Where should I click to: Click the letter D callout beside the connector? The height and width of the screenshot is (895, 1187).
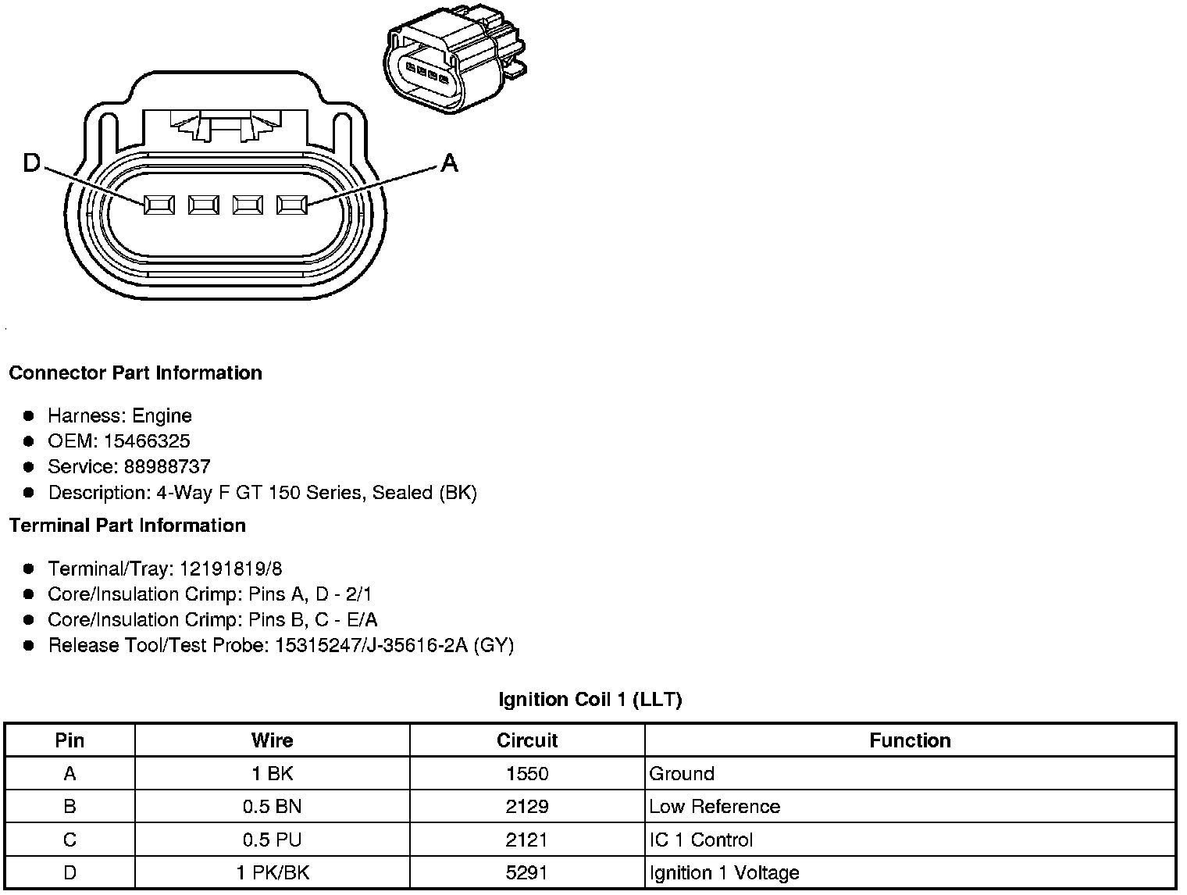(x=31, y=163)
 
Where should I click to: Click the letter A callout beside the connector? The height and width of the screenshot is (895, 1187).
(x=449, y=163)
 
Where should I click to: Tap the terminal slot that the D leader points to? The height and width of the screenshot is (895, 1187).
(x=159, y=205)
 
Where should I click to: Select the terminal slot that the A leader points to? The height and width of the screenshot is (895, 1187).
(x=292, y=205)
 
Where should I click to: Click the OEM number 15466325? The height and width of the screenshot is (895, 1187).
(x=147, y=441)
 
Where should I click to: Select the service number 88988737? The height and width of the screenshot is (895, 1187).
(x=167, y=467)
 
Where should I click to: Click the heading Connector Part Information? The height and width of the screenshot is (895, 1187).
(x=135, y=373)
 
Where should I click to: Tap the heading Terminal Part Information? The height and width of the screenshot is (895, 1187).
(x=127, y=526)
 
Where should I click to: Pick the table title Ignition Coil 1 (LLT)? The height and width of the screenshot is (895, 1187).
(x=590, y=700)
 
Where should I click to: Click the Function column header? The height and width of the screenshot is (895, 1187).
(x=910, y=740)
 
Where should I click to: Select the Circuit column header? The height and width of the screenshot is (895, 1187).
(x=527, y=740)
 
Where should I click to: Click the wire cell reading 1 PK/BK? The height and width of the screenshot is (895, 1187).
(x=272, y=872)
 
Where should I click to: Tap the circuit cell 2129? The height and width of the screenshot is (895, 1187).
(x=527, y=807)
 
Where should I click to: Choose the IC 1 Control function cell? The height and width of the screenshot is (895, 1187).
(x=700, y=840)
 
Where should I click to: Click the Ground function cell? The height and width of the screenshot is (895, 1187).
(x=682, y=774)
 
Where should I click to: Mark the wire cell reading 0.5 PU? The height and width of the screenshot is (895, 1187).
(x=272, y=840)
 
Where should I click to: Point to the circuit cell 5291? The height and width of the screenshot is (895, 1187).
(x=527, y=872)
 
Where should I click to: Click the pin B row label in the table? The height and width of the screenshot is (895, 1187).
(x=70, y=807)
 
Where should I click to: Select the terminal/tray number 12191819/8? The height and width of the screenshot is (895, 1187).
(x=231, y=569)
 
